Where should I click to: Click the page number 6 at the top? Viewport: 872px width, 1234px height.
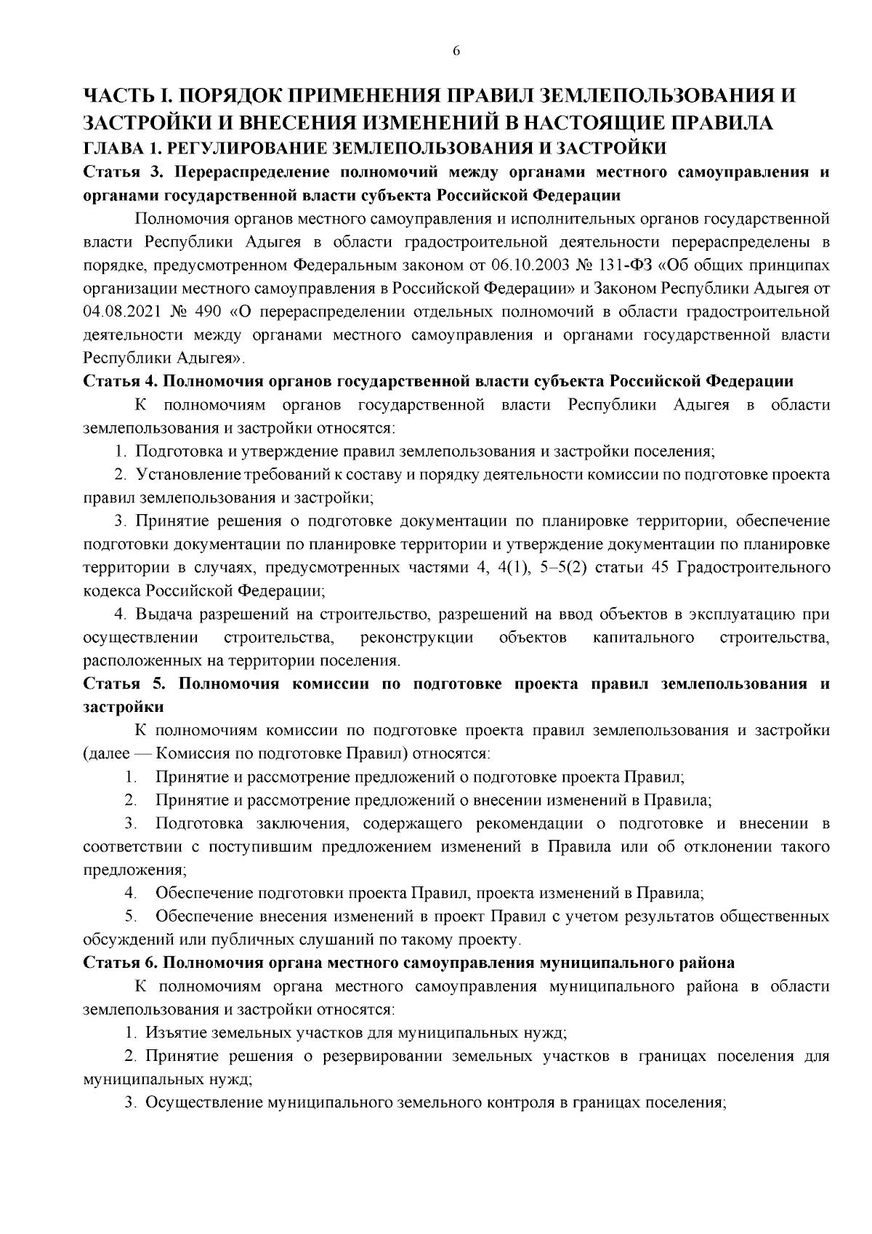(456, 51)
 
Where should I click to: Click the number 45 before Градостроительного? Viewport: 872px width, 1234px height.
(661, 567)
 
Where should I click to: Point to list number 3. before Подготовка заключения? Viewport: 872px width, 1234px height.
(131, 823)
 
